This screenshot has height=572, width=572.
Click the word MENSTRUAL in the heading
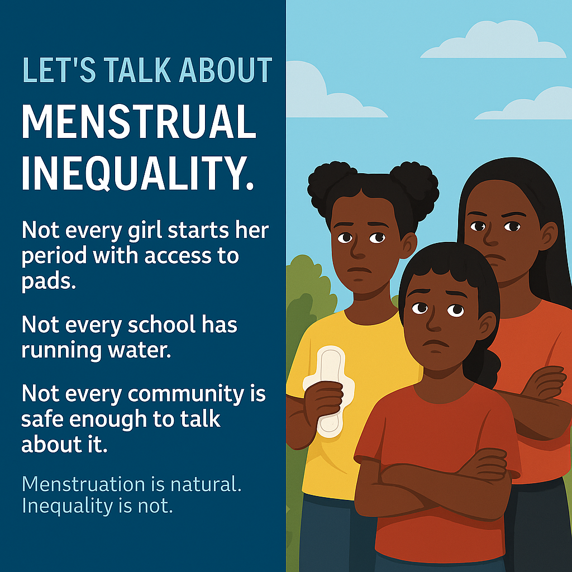click(139, 121)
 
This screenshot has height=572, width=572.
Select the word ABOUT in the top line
click(226, 70)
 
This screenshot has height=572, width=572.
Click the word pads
click(49, 282)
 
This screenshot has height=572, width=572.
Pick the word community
click(186, 395)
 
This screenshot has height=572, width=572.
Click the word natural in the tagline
click(206, 484)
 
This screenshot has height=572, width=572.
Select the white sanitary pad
click(330, 392)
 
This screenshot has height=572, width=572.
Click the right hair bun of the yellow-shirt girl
click(416, 190)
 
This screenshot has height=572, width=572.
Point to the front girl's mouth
click(435, 344)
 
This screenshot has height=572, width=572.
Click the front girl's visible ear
click(487, 326)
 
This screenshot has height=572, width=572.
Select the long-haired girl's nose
click(490, 238)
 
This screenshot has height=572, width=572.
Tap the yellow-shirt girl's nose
click(357, 250)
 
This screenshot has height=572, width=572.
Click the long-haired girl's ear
click(549, 236)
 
